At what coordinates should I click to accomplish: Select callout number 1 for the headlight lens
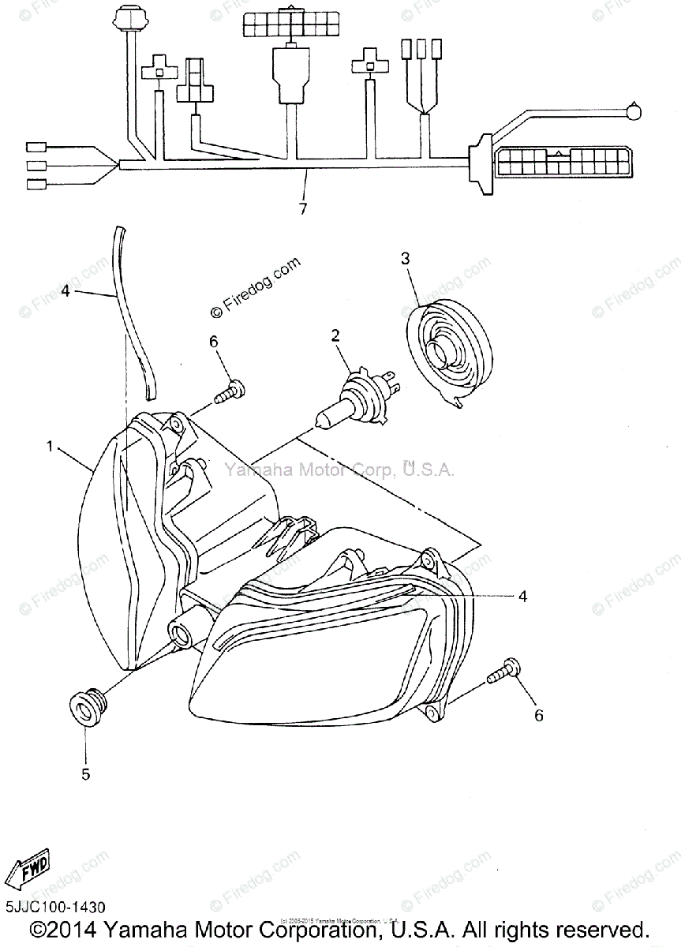(x=50, y=447)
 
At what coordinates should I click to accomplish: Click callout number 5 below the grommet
(x=85, y=774)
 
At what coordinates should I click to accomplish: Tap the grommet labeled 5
(x=84, y=706)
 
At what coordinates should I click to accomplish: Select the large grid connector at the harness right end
(x=560, y=161)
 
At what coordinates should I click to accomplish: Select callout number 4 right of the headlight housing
(x=522, y=597)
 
